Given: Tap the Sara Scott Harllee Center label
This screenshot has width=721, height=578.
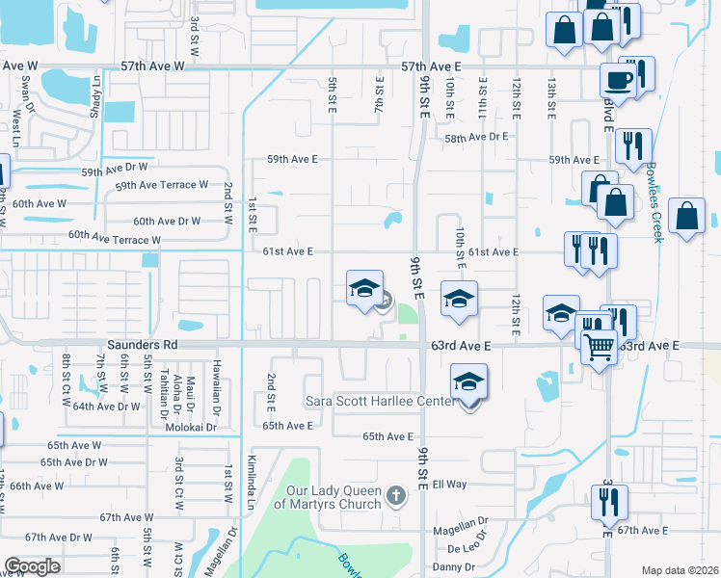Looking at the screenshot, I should point(379,400).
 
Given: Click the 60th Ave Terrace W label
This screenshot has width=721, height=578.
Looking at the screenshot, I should point(115,238).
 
